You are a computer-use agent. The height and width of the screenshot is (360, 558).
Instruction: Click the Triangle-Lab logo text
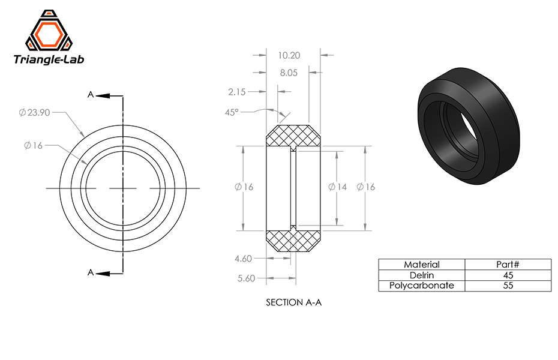coord(49,59)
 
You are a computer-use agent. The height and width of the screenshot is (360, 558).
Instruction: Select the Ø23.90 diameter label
coord(34,113)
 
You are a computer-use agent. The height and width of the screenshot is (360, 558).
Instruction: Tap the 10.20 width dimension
coord(289,55)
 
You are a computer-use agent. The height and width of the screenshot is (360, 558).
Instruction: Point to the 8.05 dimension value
coord(289,73)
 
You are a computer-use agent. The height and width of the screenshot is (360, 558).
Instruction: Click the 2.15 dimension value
coord(237,92)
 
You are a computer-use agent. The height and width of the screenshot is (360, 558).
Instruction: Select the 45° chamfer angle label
coord(232,112)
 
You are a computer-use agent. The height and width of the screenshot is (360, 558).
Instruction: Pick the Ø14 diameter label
coord(337,187)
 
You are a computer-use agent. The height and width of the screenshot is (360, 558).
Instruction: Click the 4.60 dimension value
coord(244,259)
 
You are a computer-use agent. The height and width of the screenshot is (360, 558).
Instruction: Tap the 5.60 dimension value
coord(246,278)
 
